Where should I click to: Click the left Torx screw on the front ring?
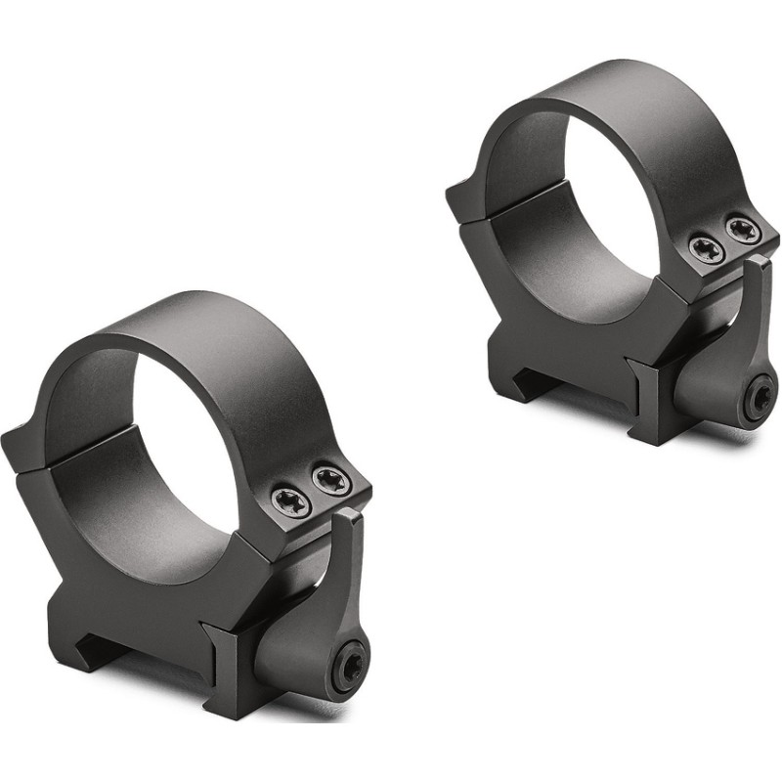(x=292, y=502)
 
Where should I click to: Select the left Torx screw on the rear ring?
(x=706, y=249)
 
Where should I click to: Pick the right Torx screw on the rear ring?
(x=742, y=231)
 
